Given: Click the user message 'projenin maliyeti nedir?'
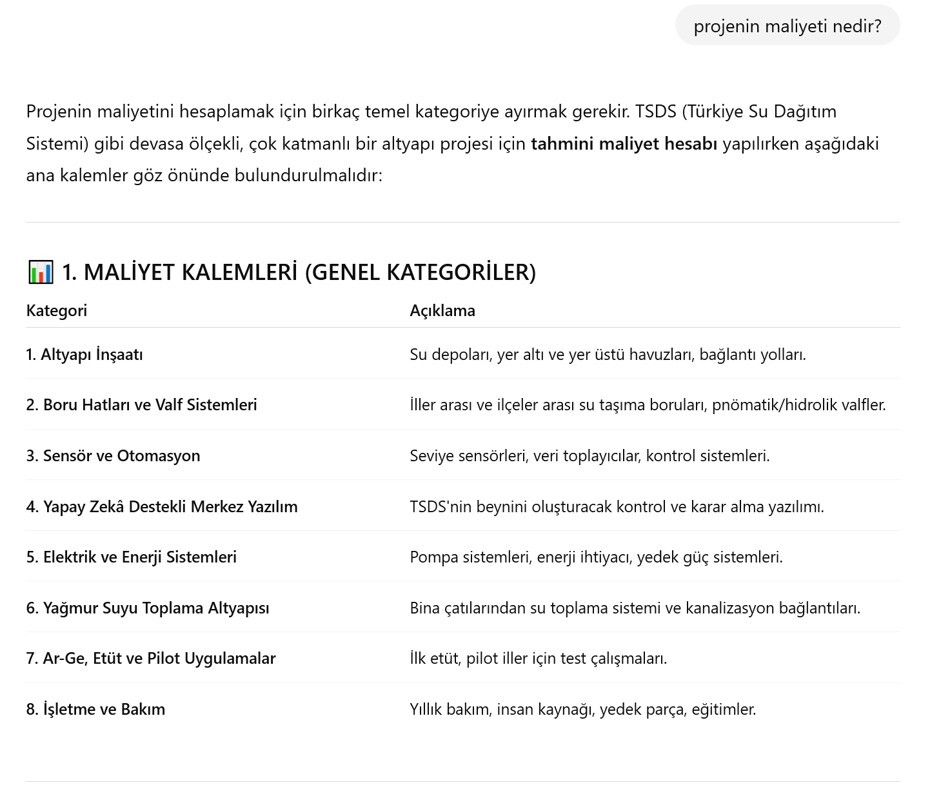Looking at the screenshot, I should coord(787,26).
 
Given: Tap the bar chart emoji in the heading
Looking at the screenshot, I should coord(41,272).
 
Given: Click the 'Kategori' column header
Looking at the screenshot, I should coord(56,310).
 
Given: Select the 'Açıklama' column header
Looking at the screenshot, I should coord(442,310).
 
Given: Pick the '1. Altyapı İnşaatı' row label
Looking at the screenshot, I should coord(84,354).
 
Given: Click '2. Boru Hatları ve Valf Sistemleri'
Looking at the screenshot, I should coord(141,404).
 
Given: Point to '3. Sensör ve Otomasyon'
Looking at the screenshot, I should coord(113,455).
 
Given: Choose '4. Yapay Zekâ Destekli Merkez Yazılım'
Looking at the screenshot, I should coord(162,506).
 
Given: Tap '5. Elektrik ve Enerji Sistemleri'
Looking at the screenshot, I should coord(131,557).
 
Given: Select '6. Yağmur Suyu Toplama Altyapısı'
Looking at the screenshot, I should coord(148,608).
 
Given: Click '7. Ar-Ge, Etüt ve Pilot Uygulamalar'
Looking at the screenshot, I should coord(151,658).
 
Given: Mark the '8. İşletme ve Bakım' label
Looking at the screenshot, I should coord(95,709).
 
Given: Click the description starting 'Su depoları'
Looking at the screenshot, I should coord(608,354).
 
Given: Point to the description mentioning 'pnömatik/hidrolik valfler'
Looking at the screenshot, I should coord(648,404).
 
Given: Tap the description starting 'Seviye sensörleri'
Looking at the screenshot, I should coord(589,455).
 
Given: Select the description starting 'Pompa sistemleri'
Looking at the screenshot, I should coord(596,557).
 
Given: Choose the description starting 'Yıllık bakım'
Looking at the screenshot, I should coord(582,709).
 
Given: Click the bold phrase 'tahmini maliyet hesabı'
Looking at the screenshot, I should coord(624,143).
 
